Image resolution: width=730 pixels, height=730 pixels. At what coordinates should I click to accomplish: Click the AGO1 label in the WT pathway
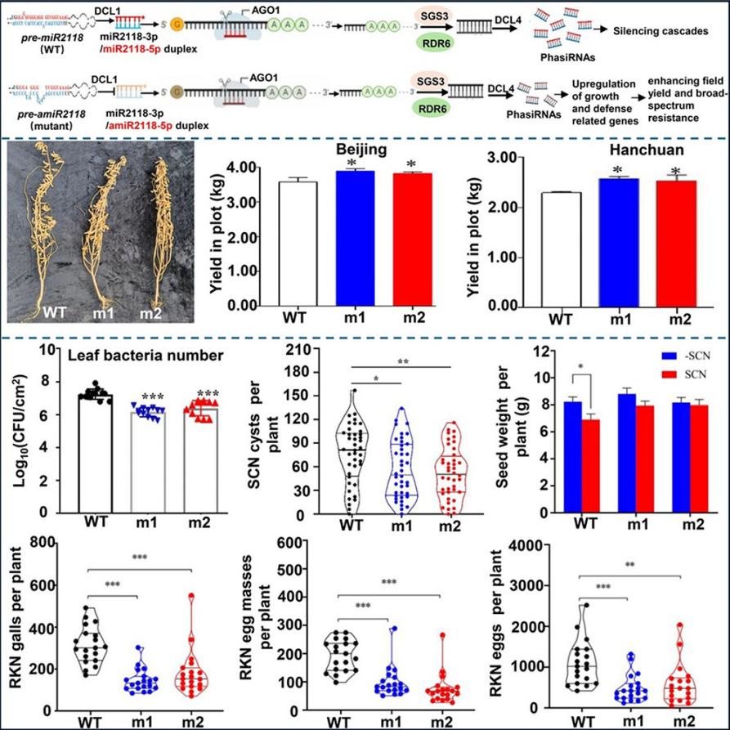[262, 10]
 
